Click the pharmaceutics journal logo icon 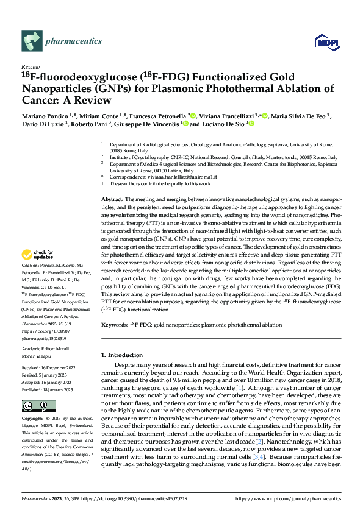(31, 41)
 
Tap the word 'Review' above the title (30, 66)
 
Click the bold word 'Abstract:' (112, 200)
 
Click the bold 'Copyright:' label (33, 419)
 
